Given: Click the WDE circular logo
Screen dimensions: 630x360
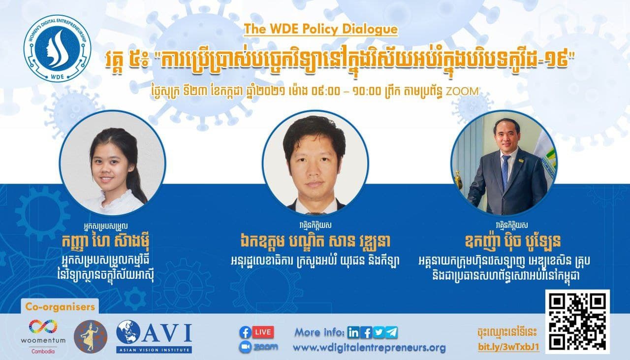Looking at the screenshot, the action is coord(58,48).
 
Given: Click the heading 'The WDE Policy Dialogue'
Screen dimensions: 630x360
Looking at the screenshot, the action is coord(320,29).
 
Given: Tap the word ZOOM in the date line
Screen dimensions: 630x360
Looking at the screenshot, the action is coord(462,92).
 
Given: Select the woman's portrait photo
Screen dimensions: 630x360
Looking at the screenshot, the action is coord(113,163).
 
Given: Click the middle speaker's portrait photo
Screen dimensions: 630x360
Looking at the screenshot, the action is coord(315,163).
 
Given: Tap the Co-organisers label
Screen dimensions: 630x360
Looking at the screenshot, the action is coord(60,306).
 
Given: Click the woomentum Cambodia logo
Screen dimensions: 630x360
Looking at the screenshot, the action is coord(43,336).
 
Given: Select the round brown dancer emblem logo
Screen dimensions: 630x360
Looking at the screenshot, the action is coord(90,336).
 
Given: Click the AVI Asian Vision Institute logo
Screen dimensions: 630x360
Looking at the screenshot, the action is coord(154,336).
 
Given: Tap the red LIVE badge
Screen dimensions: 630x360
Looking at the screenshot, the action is coord(263,332).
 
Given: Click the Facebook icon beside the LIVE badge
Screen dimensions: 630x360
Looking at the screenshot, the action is coord(245,332).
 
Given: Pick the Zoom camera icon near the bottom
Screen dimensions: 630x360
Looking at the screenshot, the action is coord(245,347).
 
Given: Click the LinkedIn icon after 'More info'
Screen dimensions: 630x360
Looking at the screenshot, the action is coord(353,333).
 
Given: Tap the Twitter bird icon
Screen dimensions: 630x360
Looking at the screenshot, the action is coord(379,333).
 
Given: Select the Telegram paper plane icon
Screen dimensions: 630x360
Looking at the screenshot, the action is coord(392,333).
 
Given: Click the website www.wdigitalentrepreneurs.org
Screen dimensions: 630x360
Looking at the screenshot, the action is coord(369,348).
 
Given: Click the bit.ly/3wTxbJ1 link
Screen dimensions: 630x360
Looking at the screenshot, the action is coord(508,347).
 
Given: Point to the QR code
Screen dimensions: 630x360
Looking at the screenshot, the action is coord(577,322).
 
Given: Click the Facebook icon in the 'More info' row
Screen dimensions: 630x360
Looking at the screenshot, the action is coord(366,333).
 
